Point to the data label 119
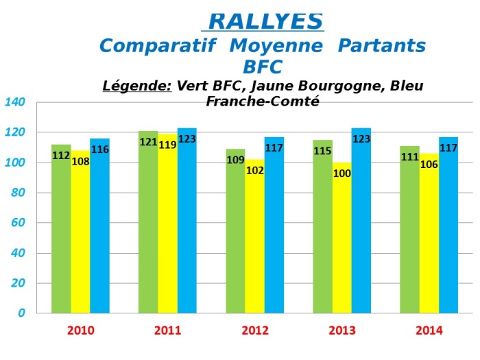pos(167,145)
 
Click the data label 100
pos(342,173)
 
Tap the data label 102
pos(255,171)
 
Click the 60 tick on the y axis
pos(19,222)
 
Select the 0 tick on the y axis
pos(22,313)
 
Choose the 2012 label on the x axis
pos(255,331)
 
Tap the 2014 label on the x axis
pos(429,331)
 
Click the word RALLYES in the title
pos(265,21)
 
